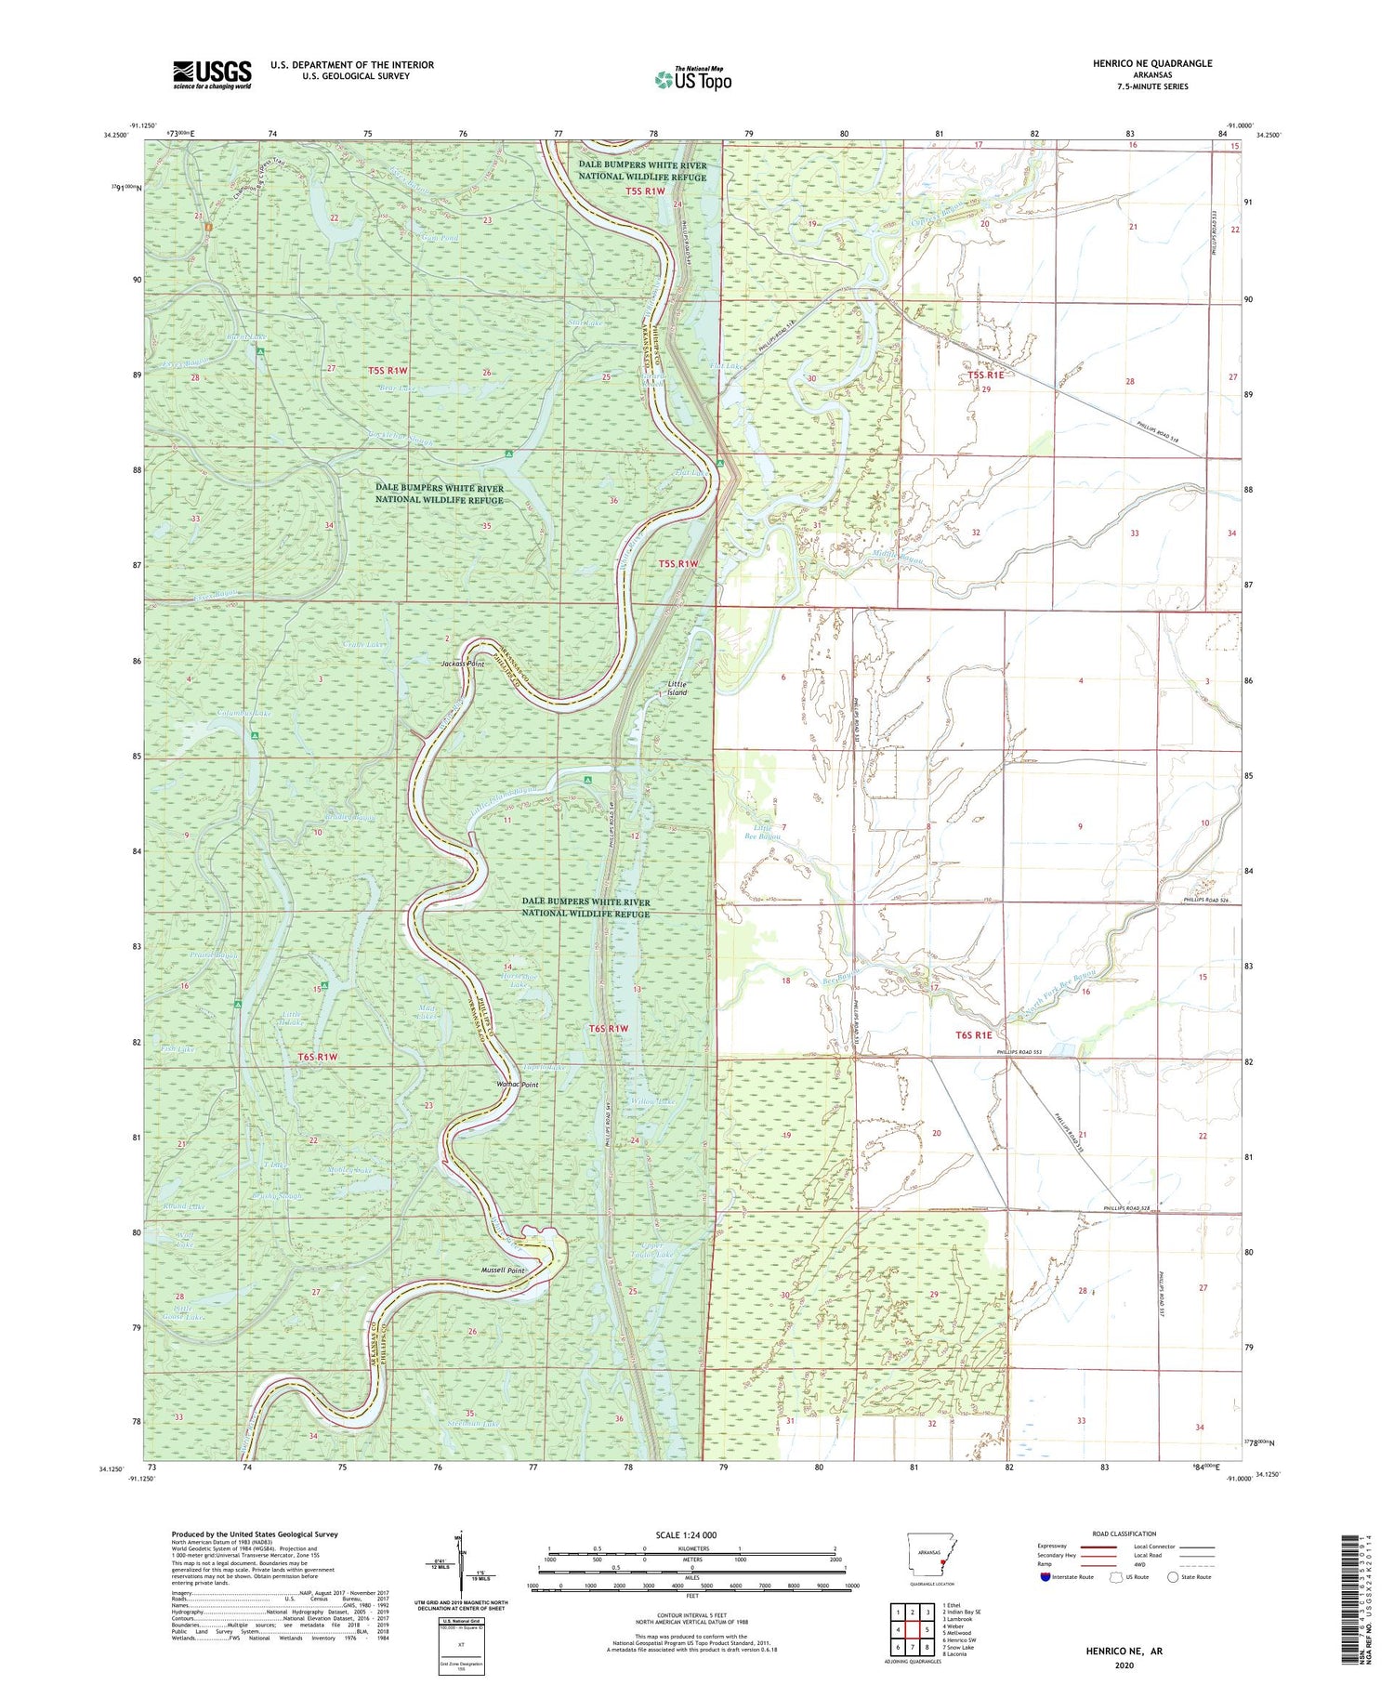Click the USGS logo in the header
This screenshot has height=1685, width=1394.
coord(212,74)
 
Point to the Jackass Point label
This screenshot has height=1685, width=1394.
coord(463,665)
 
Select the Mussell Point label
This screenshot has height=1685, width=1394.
coord(504,1270)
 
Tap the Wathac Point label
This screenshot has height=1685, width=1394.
coord(519,1085)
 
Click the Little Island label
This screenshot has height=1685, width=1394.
coord(677,689)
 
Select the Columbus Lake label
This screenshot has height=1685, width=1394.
coord(243,713)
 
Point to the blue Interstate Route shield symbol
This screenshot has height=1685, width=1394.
coord(1046,1577)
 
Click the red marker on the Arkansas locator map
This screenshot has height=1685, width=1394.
coord(942,1563)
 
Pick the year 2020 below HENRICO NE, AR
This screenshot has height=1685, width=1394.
coord(1124,1665)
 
